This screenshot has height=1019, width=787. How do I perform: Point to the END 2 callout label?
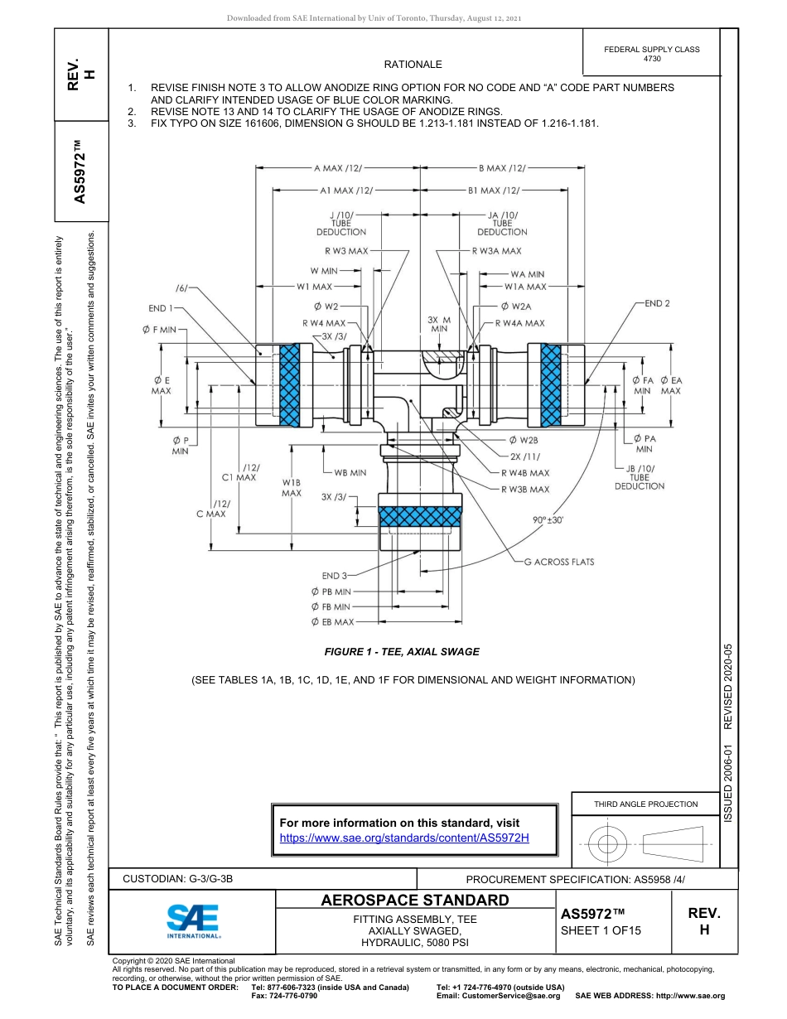tap(656, 303)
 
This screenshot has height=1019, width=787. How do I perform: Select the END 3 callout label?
tap(336, 575)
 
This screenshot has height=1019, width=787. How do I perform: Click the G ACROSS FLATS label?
tap(559, 562)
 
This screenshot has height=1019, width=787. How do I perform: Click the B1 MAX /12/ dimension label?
tap(495, 190)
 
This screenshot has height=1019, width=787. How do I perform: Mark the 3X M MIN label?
tap(440, 324)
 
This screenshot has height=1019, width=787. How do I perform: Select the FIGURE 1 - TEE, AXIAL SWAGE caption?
tap(402, 652)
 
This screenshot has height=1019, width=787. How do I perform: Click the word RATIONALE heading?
tap(413, 65)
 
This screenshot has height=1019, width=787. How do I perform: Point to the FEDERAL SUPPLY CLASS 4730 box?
tap(652, 54)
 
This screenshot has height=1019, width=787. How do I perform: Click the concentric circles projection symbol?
tap(608, 844)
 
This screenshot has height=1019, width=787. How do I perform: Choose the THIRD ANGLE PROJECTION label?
tap(645, 804)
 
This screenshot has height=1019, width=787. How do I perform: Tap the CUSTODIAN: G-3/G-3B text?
tap(183, 879)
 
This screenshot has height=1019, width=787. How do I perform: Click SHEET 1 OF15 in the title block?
tap(601, 930)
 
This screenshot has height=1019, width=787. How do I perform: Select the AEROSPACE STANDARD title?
tap(415, 900)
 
